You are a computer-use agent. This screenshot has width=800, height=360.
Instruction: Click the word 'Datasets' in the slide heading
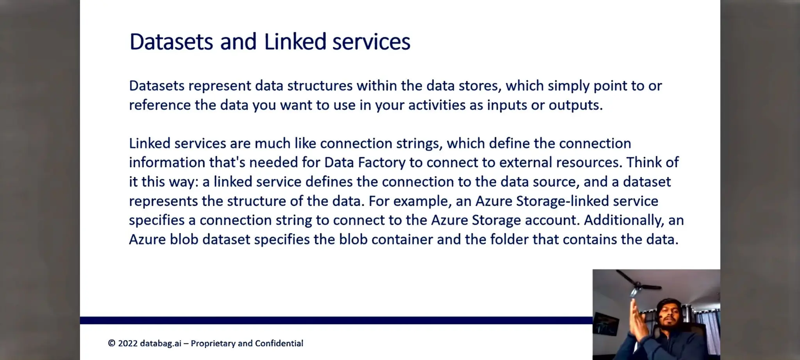tap(171, 42)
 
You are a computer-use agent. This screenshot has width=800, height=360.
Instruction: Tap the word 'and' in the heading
tap(238, 42)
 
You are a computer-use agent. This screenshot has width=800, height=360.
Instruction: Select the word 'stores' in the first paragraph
tap(480, 86)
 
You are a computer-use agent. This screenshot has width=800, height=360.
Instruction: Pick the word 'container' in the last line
tap(402, 239)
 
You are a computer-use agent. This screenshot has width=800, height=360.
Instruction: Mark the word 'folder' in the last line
tap(509, 239)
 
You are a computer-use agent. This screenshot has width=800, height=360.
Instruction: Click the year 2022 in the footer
tap(128, 344)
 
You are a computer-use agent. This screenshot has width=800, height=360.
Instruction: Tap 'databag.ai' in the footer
tap(161, 344)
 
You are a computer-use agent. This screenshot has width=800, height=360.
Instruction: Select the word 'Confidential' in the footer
tap(279, 344)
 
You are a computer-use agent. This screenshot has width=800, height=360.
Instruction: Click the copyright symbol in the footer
tap(112, 344)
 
